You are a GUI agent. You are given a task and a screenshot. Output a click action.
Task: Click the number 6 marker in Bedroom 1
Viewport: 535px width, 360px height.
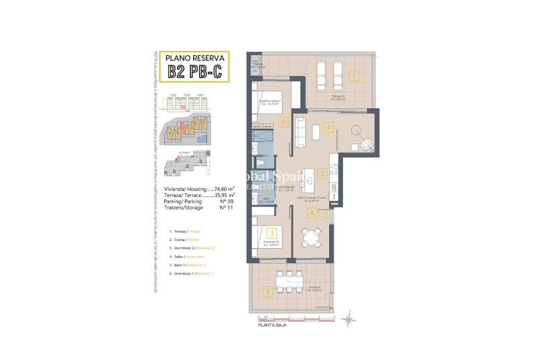pos(284,122)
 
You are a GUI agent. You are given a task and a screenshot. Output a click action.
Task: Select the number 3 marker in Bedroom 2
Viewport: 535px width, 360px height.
pos(271,233)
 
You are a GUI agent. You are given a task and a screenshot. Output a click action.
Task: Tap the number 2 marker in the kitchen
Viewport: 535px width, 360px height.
pos(321,174)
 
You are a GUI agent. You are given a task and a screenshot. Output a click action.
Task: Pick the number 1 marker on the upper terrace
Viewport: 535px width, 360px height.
pos(354,77)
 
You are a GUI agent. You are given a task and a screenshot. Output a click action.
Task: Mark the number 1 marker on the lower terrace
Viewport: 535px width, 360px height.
pos(267,291)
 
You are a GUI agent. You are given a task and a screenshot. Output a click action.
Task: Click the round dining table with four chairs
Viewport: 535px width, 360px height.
pos(309,238)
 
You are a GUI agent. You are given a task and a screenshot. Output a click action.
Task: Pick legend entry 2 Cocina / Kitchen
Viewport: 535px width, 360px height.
pos(187,240)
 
